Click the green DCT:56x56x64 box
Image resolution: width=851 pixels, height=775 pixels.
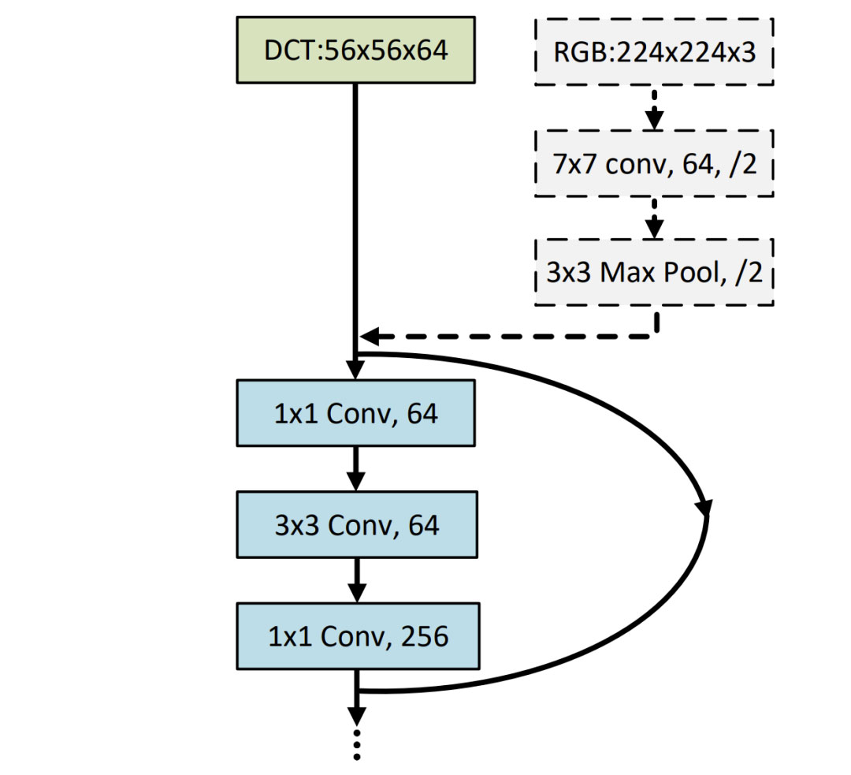pos(355,49)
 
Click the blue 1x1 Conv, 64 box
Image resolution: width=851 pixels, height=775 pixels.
pos(355,412)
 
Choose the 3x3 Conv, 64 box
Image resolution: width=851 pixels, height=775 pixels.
pos(355,524)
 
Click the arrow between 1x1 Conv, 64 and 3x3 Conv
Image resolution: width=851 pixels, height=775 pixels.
pos(356,468)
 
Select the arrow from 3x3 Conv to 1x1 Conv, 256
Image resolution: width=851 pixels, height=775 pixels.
pos(356,580)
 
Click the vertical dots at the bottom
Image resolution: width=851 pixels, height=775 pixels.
pos(357,744)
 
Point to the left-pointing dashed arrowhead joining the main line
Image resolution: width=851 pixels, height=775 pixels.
pos(369,337)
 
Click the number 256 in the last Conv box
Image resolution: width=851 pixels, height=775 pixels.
pos(424,636)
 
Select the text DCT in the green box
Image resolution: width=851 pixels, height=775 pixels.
pos(288,50)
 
